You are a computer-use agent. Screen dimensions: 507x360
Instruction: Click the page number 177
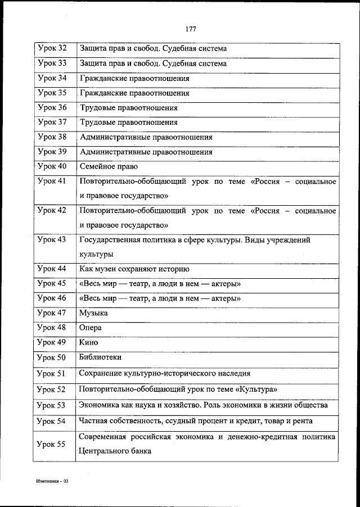(190, 29)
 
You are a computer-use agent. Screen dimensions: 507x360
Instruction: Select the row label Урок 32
(52, 49)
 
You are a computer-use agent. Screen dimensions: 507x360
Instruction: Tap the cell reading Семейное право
(109, 166)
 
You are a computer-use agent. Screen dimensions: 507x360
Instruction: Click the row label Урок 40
(52, 166)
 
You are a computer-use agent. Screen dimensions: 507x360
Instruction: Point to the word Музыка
(93, 313)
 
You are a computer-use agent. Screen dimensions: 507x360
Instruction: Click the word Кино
(89, 342)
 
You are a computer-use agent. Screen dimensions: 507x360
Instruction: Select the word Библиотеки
(101, 357)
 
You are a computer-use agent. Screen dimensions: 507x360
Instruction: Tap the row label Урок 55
(52, 444)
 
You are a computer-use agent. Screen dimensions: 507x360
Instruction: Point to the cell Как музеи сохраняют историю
(134, 269)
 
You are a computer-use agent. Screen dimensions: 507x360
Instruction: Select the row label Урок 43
(52, 240)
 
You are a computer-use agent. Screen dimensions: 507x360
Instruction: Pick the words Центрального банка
(115, 451)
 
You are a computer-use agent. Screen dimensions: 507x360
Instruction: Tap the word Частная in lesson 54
(93, 420)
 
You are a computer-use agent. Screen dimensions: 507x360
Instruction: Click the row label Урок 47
(52, 313)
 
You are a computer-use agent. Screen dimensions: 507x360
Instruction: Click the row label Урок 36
(52, 107)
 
